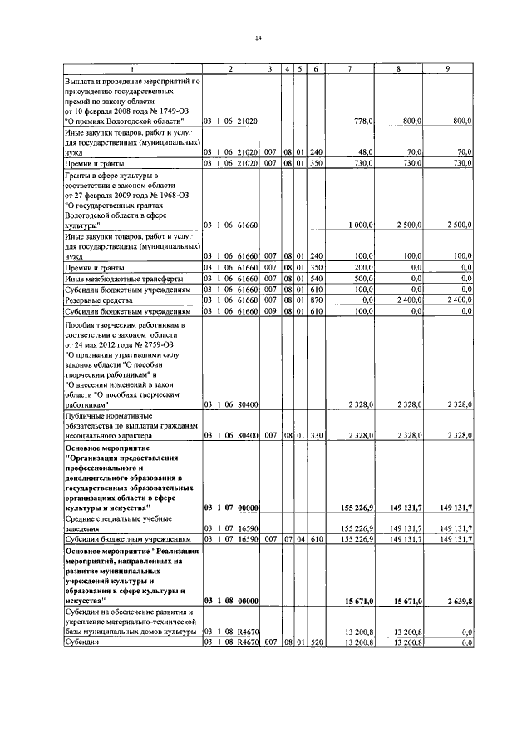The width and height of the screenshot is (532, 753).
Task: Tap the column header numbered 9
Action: point(449,67)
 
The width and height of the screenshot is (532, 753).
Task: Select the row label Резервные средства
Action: point(99,299)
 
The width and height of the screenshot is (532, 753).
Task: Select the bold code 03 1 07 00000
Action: point(231,507)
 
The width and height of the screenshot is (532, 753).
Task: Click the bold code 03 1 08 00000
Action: point(231,600)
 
